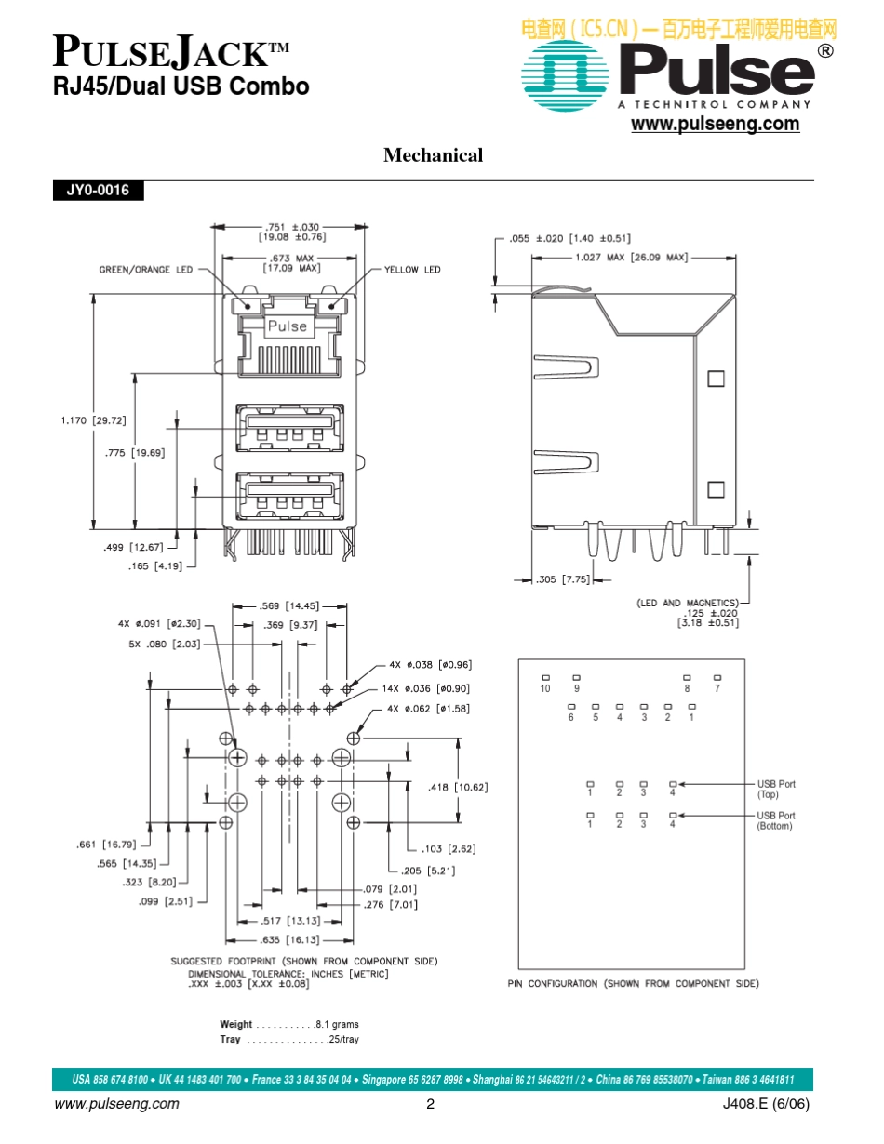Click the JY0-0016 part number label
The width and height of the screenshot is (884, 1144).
97,191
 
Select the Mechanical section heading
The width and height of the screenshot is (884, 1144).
433,155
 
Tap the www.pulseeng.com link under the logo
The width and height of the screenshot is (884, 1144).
715,125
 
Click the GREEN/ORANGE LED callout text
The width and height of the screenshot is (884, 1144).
146,270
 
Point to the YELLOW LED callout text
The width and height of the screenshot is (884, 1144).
412,270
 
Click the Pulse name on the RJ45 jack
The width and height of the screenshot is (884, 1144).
287,326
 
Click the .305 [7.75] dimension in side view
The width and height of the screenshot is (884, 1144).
563,579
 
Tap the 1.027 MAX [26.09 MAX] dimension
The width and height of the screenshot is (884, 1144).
631,258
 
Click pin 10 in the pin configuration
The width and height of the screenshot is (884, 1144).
545,688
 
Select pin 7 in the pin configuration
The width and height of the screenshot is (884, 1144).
717,688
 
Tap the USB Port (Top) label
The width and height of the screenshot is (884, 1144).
776,789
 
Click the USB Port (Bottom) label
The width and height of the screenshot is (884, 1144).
776,820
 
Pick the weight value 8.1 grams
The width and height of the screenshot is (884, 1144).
337,1024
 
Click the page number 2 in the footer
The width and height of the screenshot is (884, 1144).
430,1105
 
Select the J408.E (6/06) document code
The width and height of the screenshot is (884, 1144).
765,1105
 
